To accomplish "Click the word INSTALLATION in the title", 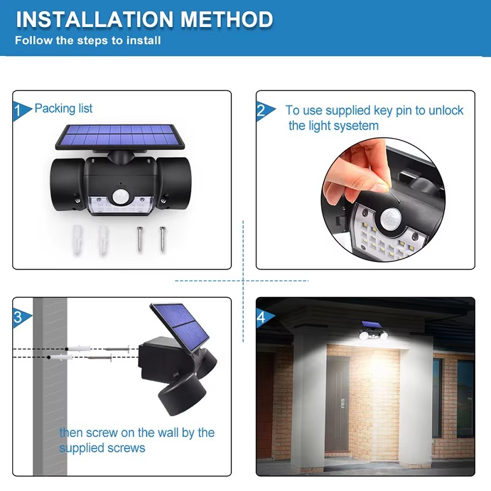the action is pyautogui.click(x=95, y=19).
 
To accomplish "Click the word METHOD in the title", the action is pyautogui.click(x=226, y=19).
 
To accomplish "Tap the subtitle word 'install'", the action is pyautogui.click(x=144, y=41).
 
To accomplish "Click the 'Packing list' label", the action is pyautogui.click(x=63, y=109).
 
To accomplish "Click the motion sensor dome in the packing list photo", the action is pyautogui.click(x=120, y=196).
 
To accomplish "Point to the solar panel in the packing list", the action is pyautogui.click(x=120, y=136).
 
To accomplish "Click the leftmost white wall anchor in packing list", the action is pyautogui.click(x=77, y=239).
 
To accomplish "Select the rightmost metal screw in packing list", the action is pyautogui.click(x=162, y=239).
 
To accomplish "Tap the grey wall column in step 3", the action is pyautogui.click(x=50, y=387).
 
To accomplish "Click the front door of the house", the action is pyautogui.click(x=336, y=404).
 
